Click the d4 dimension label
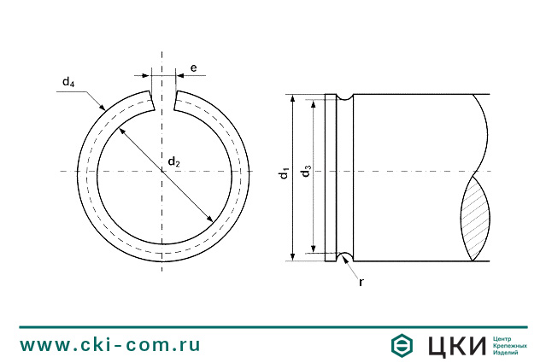point(68,83)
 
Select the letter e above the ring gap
point(193,67)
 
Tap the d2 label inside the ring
point(173,161)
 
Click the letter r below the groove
point(361,280)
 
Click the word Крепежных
point(511,345)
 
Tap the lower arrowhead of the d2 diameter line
point(211,221)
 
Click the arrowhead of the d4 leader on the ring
point(103,108)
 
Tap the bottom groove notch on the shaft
point(345,255)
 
